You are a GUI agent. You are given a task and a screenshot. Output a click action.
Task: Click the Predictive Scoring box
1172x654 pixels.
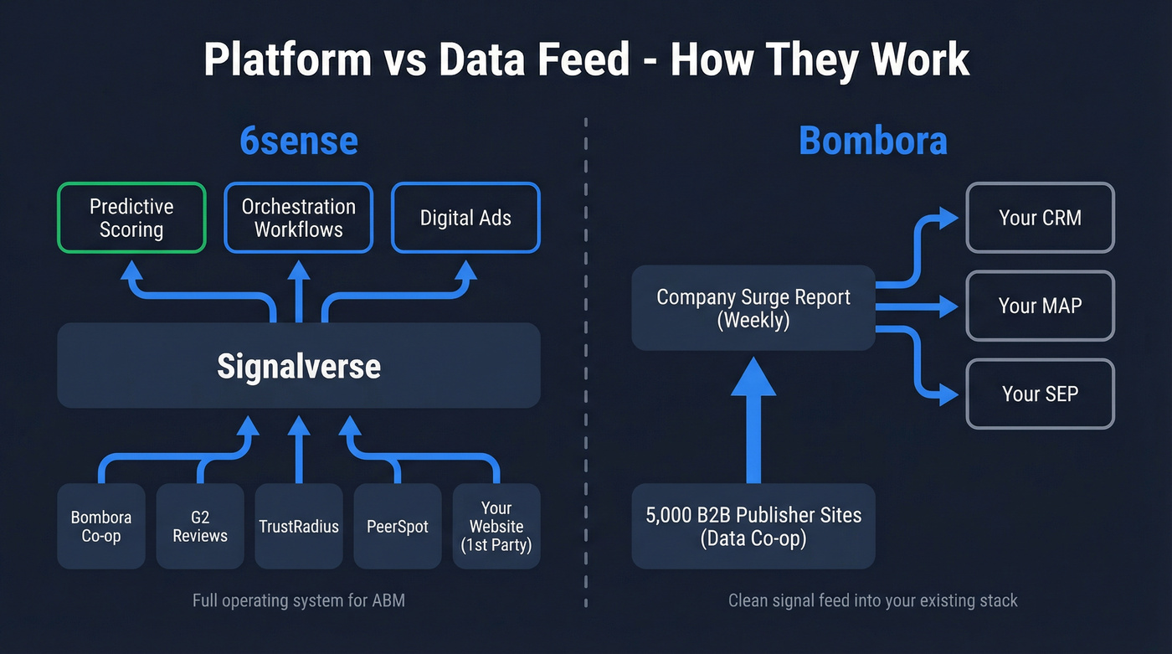point(131,218)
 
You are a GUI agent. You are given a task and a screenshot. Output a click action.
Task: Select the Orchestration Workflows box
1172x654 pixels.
point(299,218)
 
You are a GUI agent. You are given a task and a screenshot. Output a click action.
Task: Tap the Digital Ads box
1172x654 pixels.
point(465,218)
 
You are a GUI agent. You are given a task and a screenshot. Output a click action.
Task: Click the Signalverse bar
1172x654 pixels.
point(299,366)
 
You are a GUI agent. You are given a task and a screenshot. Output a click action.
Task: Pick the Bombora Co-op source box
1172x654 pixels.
point(101,526)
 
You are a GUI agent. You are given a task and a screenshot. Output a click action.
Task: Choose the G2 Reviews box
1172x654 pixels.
point(200,526)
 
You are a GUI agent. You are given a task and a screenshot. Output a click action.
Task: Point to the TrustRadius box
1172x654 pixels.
point(299,526)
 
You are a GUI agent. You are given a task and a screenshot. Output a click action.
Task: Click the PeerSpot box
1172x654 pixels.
point(398,526)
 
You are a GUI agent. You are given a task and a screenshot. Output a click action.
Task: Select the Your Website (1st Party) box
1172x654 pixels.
point(496,526)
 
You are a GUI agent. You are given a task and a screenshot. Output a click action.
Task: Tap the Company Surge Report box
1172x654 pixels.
point(753,307)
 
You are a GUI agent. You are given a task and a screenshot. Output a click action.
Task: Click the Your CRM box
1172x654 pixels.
point(1040,218)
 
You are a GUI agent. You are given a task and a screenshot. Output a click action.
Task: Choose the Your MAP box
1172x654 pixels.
point(1040,306)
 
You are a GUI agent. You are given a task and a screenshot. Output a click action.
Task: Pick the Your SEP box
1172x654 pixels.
point(1040,394)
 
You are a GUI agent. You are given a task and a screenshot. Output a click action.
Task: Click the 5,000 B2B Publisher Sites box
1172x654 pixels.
point(753,526)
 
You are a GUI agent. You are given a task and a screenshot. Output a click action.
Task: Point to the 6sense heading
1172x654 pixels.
point(299,141)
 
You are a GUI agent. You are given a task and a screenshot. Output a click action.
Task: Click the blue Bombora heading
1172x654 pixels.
point(873,141)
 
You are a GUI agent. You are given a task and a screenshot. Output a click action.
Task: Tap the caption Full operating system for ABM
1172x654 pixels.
point(299,600)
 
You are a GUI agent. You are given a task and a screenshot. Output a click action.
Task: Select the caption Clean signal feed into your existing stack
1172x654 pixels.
point(873,600)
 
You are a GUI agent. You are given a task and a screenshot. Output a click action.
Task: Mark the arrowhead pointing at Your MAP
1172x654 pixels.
point(948,306)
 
